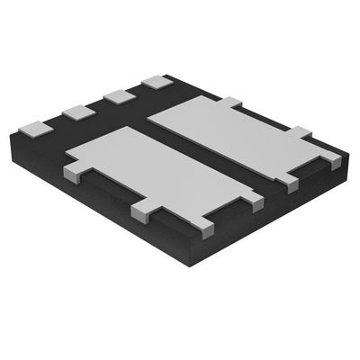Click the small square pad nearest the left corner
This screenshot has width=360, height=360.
coord(34,128)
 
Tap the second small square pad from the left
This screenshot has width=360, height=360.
coord(77,112)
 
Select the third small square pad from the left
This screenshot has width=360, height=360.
coord(117,96)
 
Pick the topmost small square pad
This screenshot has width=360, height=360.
coord(157,82)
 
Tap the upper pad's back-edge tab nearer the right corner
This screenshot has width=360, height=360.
coord(300,133)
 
